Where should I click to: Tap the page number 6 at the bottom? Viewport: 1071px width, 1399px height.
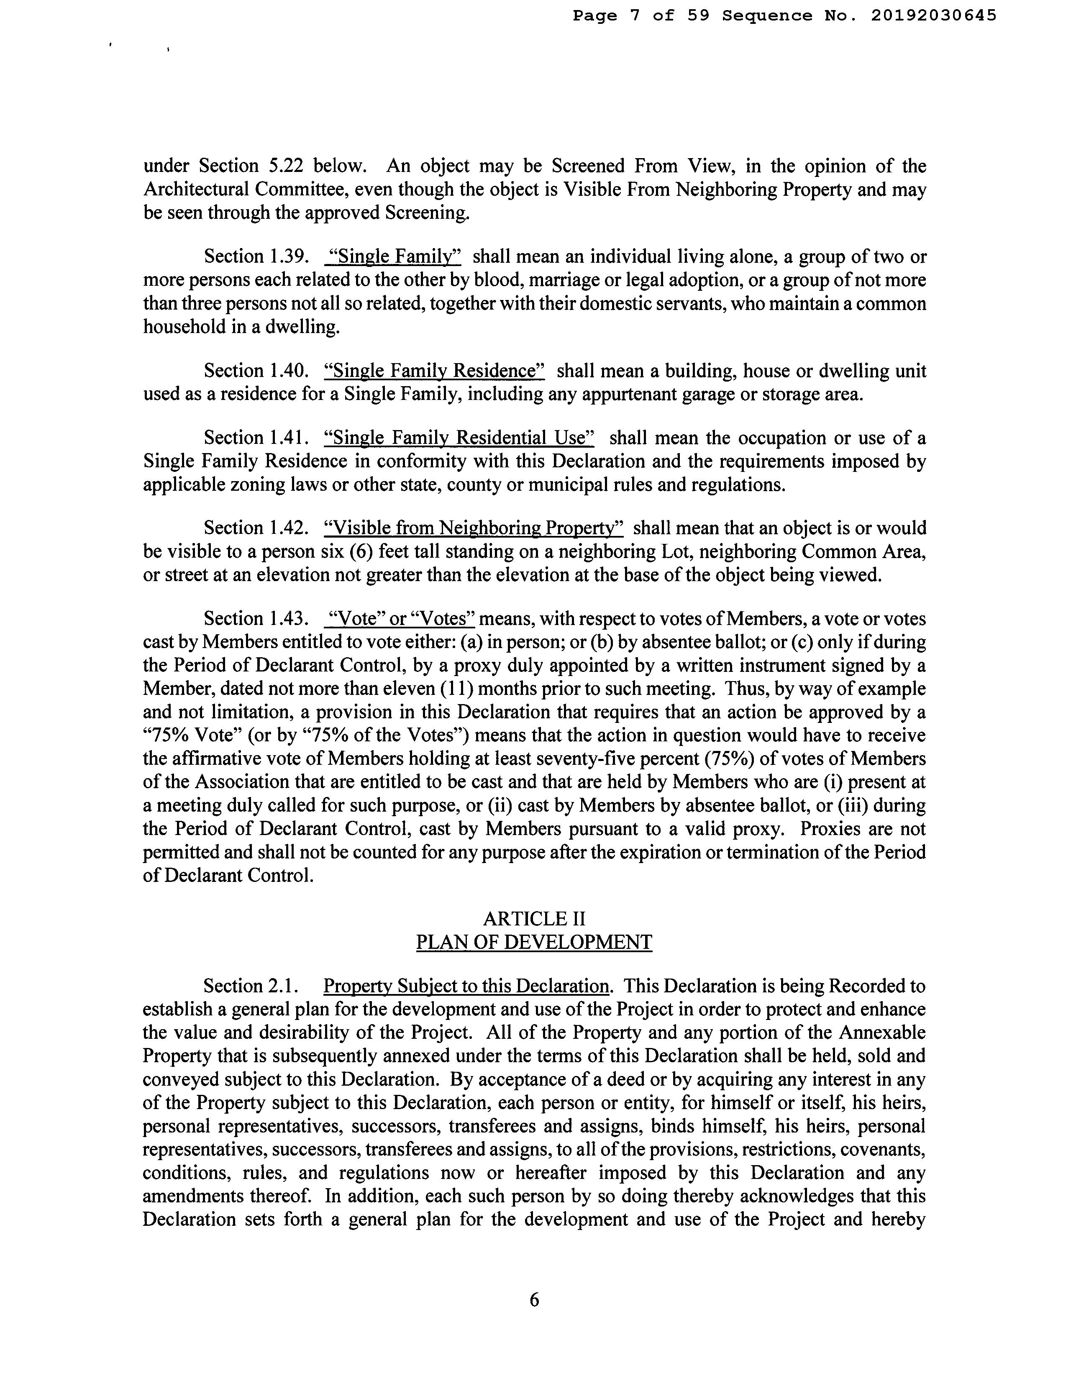534,1299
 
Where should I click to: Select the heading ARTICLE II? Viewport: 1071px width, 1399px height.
534,918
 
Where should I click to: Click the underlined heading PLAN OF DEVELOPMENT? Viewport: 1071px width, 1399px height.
534,942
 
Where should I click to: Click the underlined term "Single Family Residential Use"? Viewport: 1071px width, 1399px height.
459,438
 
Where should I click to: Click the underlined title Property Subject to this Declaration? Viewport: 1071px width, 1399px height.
466,986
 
